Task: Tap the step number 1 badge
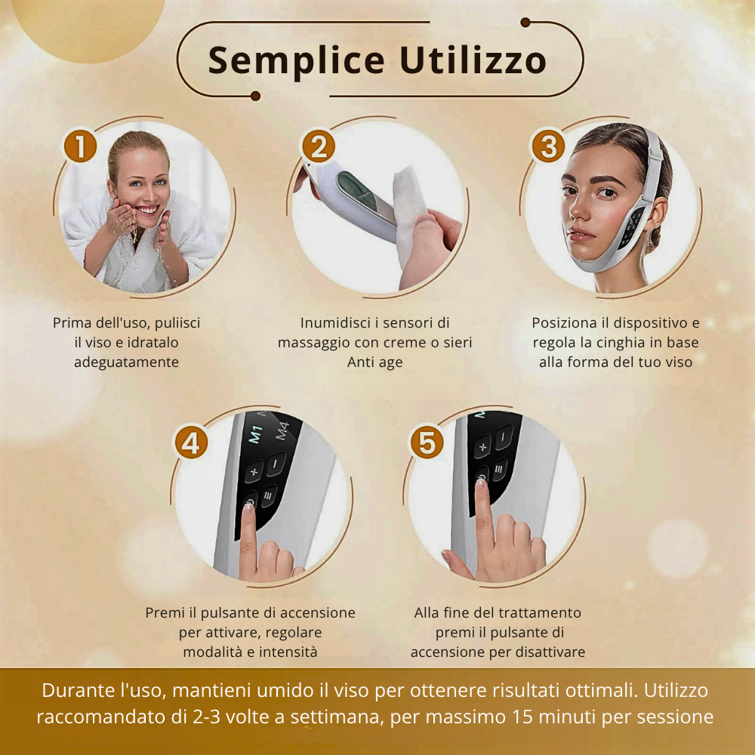(x=81, y=146)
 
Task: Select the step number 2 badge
(x=318, y=146)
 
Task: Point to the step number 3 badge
(x=548, y=146)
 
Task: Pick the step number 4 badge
(x=192, y=442)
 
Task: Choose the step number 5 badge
(x=427, y=442)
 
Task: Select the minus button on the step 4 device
(x=276, y=462)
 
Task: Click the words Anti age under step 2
(x=375, y=362)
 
